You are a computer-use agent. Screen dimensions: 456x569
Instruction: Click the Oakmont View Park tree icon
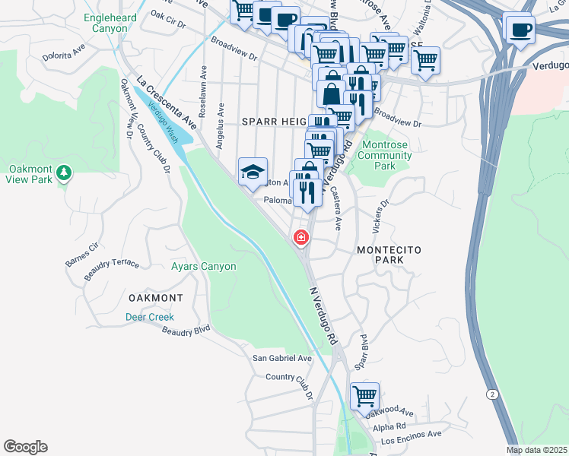click(64, 172)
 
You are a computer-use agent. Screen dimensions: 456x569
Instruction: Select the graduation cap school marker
click(253, 171)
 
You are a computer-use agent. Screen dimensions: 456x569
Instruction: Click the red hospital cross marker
click(301, 238)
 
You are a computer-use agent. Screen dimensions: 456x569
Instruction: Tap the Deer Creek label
click(150, 317)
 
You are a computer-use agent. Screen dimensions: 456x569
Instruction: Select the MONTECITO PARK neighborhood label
click(388, 255)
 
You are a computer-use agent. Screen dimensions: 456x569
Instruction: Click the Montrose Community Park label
click(385, 155)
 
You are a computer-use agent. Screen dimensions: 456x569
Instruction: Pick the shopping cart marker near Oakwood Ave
click(364, 395)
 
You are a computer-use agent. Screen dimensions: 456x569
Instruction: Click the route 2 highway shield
click(494, 394)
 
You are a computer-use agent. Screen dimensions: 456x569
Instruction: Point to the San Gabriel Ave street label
click(282, 358)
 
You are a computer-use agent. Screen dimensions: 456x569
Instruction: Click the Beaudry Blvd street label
click(186, 330)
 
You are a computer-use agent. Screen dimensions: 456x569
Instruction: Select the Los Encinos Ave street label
click(411, 438)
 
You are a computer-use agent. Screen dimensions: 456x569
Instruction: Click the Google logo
click(25, 447)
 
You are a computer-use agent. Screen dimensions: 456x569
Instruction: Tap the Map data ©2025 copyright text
click(536, 450)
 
